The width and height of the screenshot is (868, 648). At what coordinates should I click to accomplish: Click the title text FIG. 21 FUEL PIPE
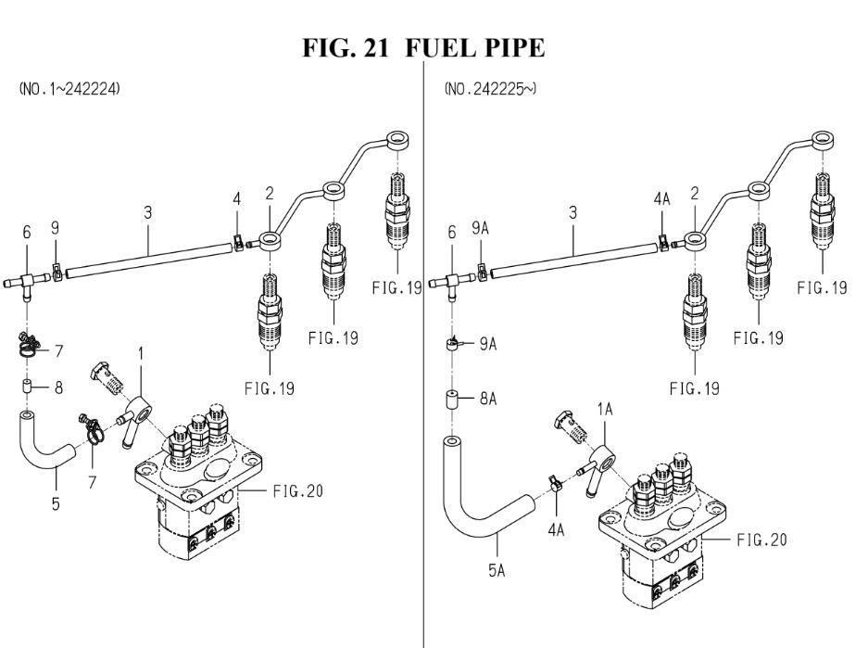[423, 47]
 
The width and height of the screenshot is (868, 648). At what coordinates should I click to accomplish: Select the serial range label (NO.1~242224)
[69, 89]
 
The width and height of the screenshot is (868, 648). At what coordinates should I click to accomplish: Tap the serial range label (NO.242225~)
[490, 89]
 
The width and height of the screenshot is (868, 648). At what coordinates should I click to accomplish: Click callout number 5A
[497, 570]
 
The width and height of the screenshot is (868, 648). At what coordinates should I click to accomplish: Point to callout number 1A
[605, 410]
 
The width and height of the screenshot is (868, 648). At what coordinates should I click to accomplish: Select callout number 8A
[487, 399]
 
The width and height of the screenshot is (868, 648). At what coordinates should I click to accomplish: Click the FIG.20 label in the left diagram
[297, 490]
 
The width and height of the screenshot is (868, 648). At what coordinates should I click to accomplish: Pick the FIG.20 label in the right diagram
[761, 540]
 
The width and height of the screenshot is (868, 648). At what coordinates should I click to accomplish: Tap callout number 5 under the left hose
[56, 504]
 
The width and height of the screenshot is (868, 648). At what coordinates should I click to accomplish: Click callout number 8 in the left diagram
[58, 388]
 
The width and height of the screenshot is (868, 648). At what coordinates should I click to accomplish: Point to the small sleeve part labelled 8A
[453, 400]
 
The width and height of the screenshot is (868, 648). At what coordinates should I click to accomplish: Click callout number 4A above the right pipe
[661, 198]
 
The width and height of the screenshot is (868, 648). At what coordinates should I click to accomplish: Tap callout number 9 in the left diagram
[55, 228]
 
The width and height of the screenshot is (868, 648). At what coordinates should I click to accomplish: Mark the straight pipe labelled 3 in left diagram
[148, 257]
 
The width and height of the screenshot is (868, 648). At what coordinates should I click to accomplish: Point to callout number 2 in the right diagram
[695, 194]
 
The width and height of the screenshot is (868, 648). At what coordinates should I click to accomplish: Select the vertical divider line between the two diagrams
[424, 354]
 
